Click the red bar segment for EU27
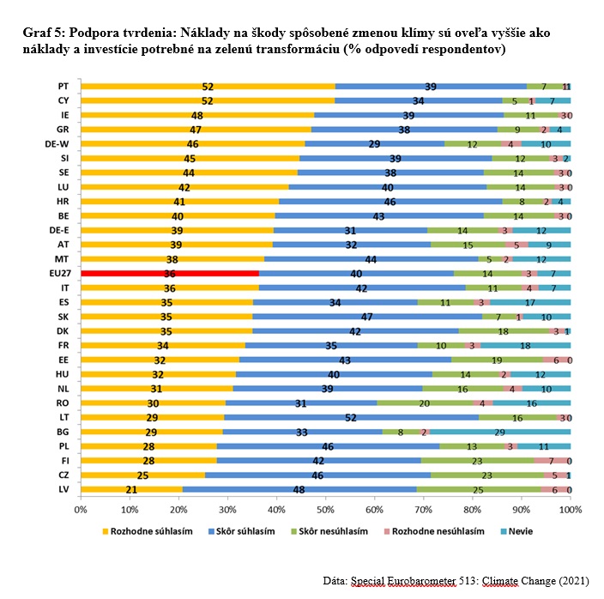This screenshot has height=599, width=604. [170, 274]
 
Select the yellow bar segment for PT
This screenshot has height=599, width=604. [208, 87]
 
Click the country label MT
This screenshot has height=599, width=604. [63, 259]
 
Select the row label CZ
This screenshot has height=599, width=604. [63, 475]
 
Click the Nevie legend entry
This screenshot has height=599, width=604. [515, 532]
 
